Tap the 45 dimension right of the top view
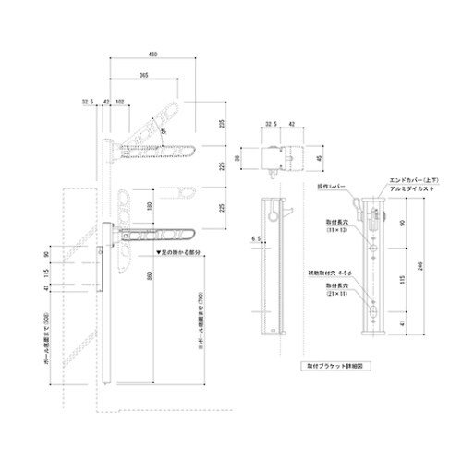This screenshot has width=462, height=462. [321, 159]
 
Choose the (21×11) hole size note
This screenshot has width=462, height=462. [335, 297]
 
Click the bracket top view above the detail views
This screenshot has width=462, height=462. [280, 158]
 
